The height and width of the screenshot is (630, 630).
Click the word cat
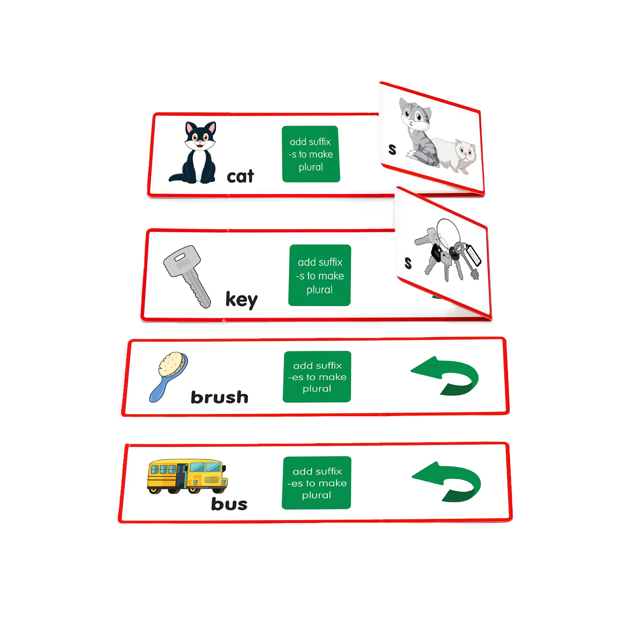click(x=240, y=176)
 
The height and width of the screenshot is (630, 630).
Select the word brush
click(x=220, y=397)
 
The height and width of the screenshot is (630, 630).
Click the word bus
click(x=229, y=504)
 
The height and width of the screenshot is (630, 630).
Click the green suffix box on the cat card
click(x=311, y=154)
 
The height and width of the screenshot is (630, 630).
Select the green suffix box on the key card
click(x=319, y=275)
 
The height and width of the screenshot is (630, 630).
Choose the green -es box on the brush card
click(x=317, y=377)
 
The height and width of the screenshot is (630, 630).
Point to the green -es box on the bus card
click(x=317, y=483)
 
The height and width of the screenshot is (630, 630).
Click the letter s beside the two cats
click(x=392, y=149)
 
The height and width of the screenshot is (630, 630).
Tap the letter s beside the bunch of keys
click(x=408, y=263)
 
